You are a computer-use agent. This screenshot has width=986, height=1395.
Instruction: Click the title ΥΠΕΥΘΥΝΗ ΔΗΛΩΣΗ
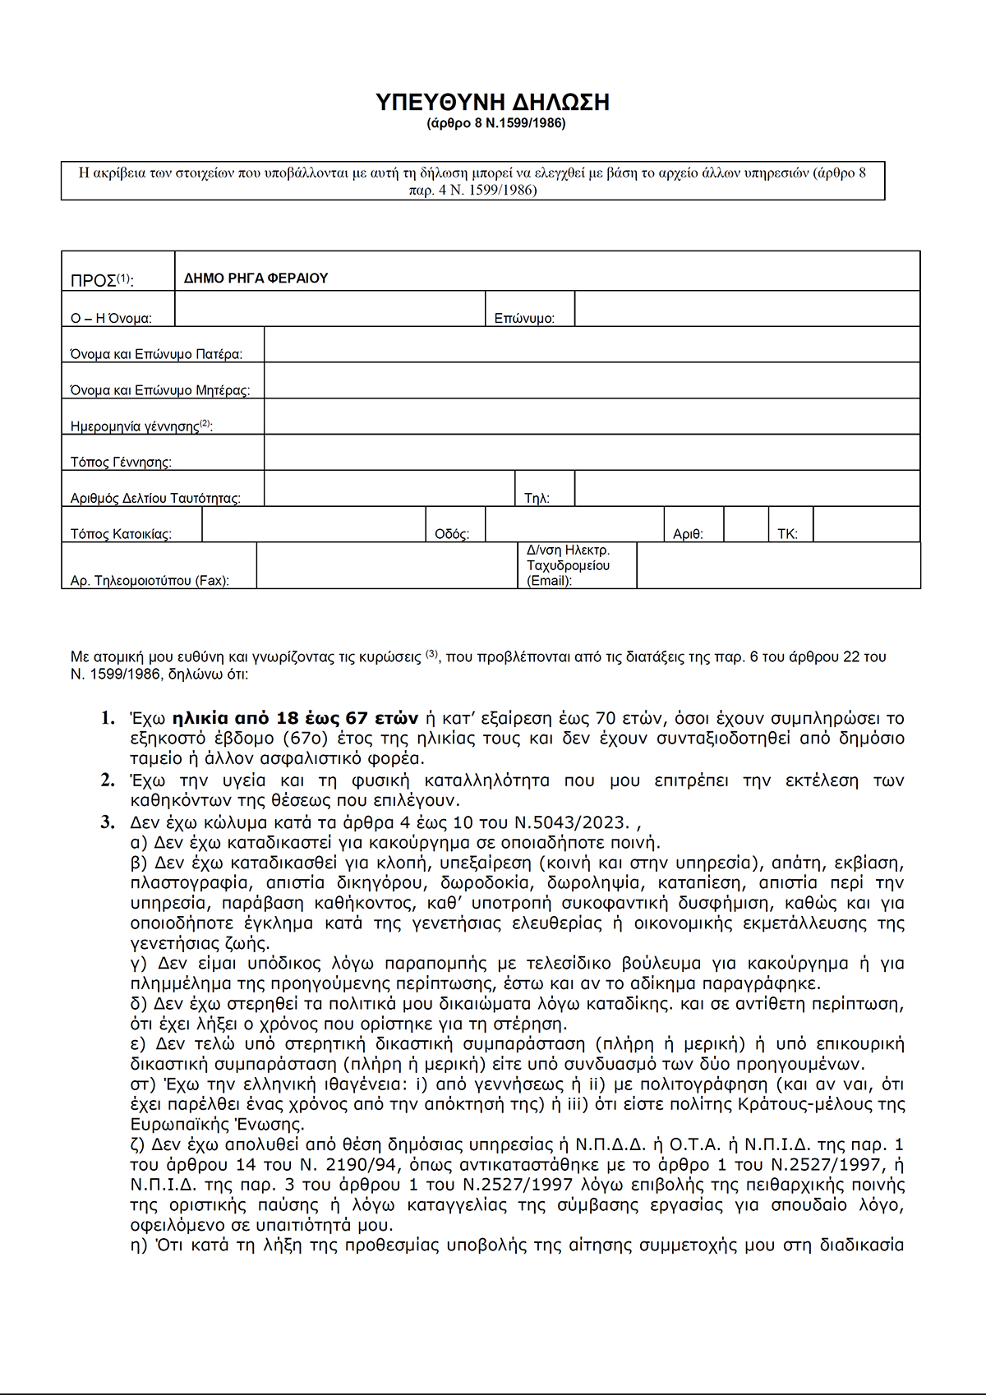point(492,102)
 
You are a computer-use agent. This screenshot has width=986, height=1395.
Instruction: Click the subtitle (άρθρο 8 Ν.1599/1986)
point(495,124)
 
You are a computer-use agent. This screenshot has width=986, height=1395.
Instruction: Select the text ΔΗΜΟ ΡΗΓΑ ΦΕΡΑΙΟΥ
point(256,279)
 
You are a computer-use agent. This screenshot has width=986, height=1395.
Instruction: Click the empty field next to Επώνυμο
point(746,310)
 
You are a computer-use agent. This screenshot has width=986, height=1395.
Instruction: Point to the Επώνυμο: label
point(524,319)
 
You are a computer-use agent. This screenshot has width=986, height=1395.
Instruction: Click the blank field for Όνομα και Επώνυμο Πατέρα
point(592,345)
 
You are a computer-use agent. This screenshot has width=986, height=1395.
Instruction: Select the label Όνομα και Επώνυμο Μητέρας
point(160,390)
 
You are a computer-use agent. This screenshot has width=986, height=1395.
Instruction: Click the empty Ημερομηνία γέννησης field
point(592,417)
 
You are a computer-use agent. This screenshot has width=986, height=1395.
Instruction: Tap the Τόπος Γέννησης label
point(121,463)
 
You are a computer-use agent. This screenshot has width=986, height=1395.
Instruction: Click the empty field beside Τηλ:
point(746,489)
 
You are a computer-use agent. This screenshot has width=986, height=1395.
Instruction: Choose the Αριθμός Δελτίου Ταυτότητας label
point(155,499)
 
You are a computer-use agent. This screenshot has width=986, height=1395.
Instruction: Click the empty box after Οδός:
point(574,525)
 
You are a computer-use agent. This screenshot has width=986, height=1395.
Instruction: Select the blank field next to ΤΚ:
point(866,525)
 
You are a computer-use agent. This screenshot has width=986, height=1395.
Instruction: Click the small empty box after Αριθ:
point(746,525)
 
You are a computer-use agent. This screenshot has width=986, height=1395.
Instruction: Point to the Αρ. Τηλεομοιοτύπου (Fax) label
point(150,581)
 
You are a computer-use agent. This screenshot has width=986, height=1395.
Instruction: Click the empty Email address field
point(778,566)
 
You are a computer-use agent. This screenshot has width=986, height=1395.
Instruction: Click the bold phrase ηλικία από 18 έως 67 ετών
point(295,718)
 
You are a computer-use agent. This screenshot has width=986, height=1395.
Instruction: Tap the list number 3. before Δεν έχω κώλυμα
point(108,822)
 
